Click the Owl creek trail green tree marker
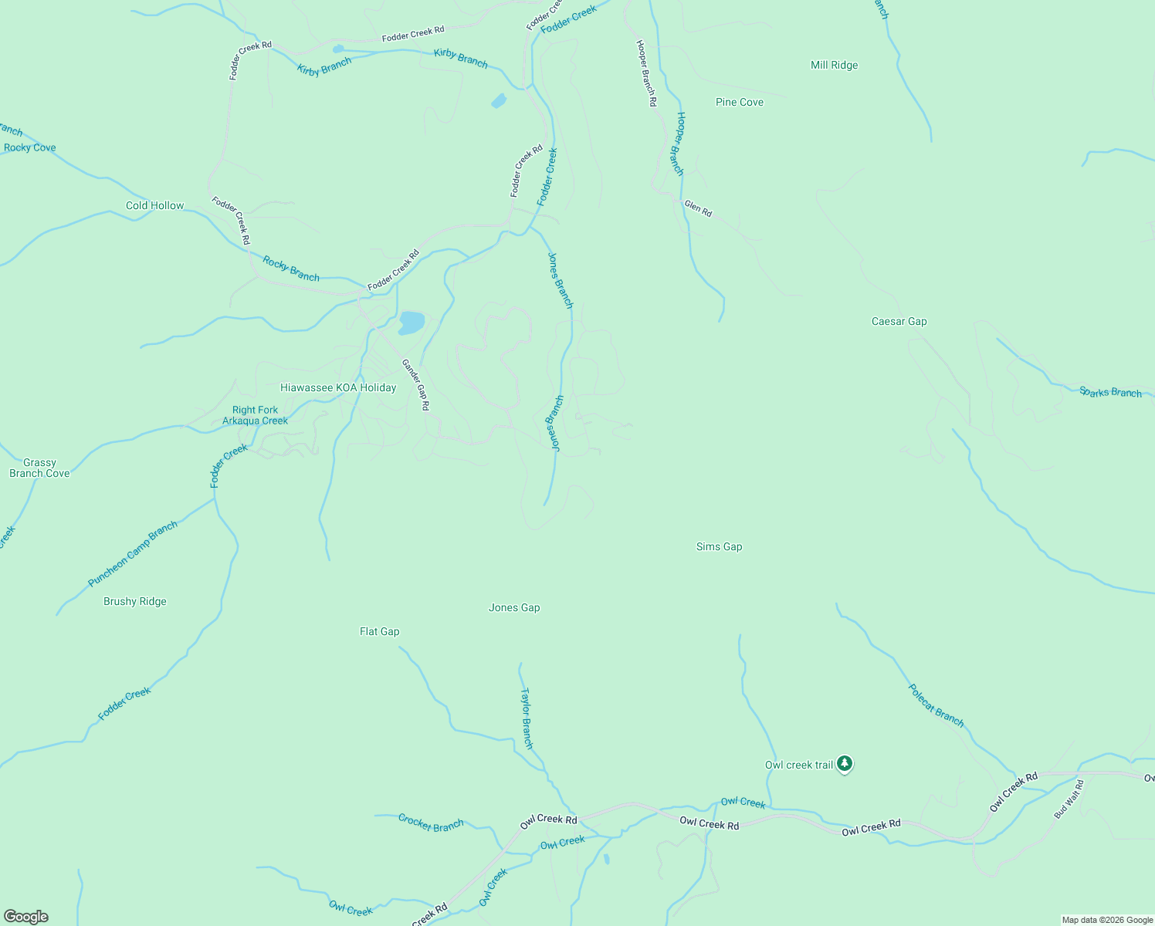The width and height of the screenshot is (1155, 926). [x=845, y=764]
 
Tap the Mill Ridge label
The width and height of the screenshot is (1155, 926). [x=834, y=66]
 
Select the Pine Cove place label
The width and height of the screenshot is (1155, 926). [x=739, y=103]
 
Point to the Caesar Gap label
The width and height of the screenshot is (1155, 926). [x=899, y=322]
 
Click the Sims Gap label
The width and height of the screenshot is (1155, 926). [x=719, y=547]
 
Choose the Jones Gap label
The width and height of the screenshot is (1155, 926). [x=514, y=608]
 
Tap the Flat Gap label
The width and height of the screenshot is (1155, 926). [x=379, y=632]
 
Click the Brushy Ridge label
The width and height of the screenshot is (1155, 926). [x=135, y=602]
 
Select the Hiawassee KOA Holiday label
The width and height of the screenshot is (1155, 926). [x=338, y=388]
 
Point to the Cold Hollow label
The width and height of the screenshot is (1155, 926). [x=155, y=206]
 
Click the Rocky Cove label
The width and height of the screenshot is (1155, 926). [x=30, y=148]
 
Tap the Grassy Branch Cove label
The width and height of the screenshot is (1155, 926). [x=39, y=468]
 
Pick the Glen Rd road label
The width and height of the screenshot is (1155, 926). [x=698, y=208]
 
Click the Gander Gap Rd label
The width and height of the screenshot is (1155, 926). [x=415, y=384]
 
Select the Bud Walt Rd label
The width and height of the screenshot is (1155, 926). [x=1069, y=799]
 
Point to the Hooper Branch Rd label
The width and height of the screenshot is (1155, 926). [x=646, y=73]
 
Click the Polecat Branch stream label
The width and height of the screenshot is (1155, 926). [x=936, y=705]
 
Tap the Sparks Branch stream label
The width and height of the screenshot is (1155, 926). [x=1110, y=393]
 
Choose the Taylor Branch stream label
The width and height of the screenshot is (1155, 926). [x=527, y=718]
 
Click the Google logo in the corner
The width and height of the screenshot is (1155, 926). [x=26, y=917]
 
